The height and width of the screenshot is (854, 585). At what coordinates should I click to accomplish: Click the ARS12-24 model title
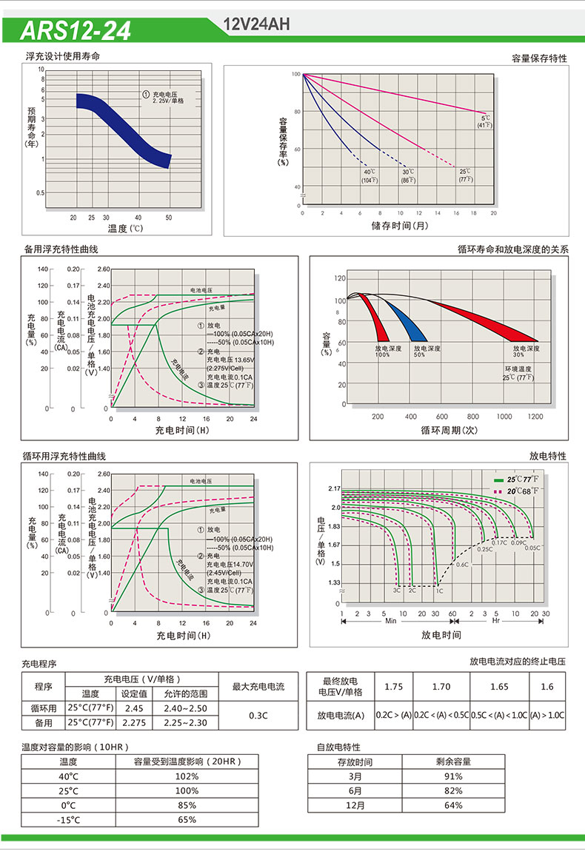tap(76, 30)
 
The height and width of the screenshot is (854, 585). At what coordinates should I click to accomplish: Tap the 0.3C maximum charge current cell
tap(258, 715)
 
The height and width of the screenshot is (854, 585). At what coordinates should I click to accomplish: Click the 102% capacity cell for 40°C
tap(187, 776)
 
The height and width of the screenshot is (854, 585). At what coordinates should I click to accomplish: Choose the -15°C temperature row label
tap(68, 819)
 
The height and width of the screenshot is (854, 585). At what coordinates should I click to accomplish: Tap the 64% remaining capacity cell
tap(453, 805)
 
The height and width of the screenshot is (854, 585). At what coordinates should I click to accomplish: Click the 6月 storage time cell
tap(355, 790)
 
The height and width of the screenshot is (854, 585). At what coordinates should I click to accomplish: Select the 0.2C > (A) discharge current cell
tap(393, 716)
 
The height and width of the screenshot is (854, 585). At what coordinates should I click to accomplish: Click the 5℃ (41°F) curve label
tap(485, 121)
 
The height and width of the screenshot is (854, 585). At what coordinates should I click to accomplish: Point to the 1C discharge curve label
tap(439, 591)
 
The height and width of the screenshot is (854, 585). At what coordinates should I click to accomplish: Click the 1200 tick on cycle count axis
tap(535, 417)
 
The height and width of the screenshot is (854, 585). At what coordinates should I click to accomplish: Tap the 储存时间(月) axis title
tap(399, 225)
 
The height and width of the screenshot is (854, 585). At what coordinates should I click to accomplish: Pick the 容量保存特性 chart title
tap(539, 58)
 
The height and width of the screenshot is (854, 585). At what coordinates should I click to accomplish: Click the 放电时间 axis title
tap(441, 635)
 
